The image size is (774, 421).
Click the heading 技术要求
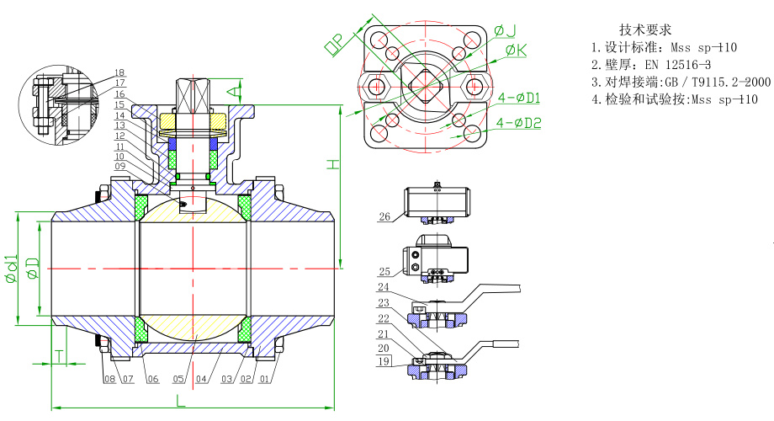(645, 29)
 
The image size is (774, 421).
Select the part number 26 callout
(384, 217)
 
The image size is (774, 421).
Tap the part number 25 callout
(384, 272)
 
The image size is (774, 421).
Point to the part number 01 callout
(266, 379)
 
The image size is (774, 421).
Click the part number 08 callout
(109, 379)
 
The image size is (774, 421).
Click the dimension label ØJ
(505, 31)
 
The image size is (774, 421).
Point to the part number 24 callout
(384, 285)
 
